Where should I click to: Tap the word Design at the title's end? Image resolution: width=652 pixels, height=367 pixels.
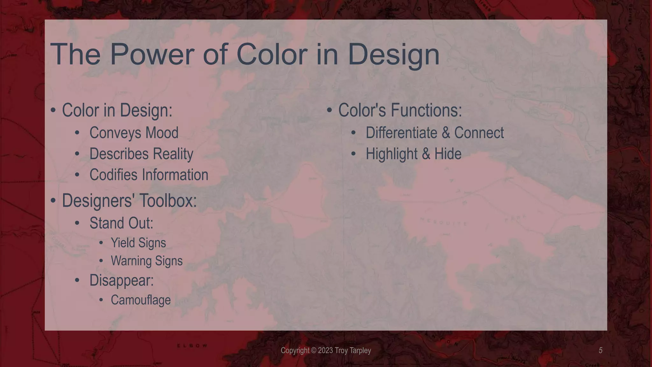[393, 55]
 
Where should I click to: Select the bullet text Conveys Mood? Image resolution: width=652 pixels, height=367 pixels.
[134, 133]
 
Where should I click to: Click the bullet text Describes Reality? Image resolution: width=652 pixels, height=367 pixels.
[141, 154]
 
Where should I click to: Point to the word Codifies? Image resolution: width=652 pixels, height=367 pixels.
[113, 175]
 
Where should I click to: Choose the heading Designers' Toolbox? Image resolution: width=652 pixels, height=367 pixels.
[129, 201]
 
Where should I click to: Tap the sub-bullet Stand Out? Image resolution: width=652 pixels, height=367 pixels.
[121, 223]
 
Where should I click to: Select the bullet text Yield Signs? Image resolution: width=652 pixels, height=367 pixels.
[138, 243]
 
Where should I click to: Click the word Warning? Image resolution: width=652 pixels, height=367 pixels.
[131, 261]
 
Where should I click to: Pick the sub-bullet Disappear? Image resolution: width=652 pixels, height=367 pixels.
[121, 280]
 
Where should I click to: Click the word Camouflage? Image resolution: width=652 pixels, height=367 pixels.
[141, 300]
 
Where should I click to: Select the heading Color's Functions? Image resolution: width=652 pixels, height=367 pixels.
[400, 110]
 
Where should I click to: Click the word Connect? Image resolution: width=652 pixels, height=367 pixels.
[479, 133]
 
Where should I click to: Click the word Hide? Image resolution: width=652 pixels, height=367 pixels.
[448, 154]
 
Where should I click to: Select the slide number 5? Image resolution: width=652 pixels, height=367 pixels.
[600, 350]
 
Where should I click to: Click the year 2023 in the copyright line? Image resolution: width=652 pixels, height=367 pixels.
[325, 351]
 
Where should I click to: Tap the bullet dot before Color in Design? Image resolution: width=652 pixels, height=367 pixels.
[53, 110]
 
